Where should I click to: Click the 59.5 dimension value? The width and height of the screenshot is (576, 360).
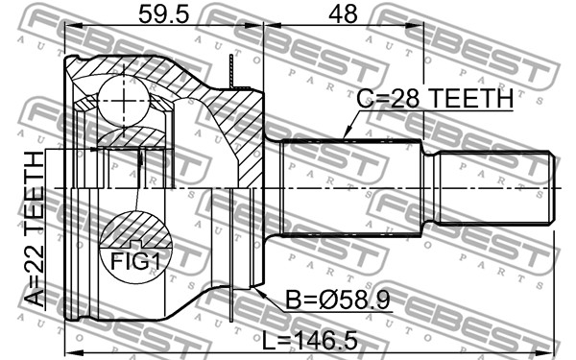(x=163, y=14)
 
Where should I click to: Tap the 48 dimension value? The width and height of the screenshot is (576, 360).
(x=343, y=14)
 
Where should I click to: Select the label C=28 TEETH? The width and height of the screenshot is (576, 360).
(x=435, y=99)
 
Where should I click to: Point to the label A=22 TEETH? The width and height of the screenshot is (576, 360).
(x=35, y=228)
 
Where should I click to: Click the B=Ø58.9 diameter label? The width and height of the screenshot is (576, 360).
(x=338, y=300)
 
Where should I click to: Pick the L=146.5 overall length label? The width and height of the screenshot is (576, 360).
(x=310, y=340)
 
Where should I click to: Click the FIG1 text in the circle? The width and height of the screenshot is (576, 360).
(x=135, y=262)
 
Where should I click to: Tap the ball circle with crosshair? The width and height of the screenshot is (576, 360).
(x=124, y=101)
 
